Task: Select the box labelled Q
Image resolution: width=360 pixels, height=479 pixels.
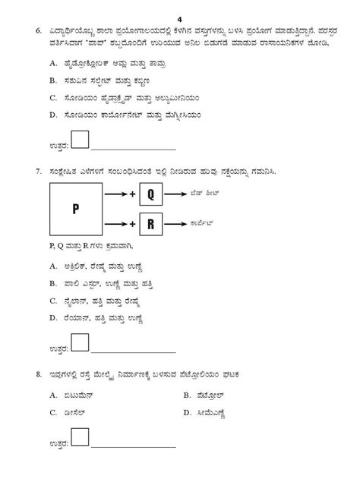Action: (150, 194)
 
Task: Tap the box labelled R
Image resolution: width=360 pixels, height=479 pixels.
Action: (150, 224)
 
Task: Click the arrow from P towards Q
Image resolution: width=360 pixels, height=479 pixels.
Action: (116, 195)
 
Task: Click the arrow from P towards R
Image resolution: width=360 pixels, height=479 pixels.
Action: (116, 224)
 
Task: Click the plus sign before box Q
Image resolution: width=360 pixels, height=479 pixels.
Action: (132, 195)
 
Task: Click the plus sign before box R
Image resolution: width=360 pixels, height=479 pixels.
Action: (132, 224)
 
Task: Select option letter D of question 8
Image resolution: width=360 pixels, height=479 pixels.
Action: (187, 412)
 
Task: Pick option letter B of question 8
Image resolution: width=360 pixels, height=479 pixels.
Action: (187, 395)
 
